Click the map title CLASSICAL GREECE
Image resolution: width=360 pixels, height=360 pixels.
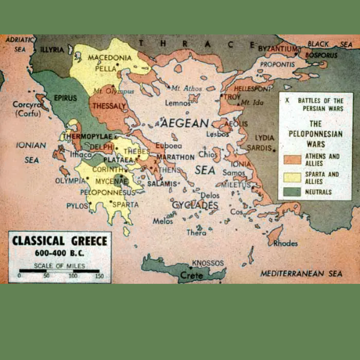tap(60, 241)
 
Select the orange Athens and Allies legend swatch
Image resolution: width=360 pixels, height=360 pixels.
tap(290, 158)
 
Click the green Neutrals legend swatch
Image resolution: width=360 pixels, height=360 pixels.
tap(290, 191)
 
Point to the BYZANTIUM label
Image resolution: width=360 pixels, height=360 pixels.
tap(278, 47)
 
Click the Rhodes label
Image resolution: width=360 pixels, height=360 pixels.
tap(284, 244)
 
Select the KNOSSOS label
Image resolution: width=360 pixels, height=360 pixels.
tap(208, 263)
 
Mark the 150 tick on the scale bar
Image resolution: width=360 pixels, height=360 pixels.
tap(99, 275)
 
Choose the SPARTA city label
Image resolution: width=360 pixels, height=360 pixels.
tap(125, 204)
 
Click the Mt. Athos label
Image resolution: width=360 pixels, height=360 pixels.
tap(184, 88)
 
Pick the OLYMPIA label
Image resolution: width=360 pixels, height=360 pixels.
tap(71, 180)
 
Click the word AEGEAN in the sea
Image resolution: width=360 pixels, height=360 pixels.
tap(184, 124)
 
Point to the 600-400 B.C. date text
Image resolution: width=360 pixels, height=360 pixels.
tap(60, 253)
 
